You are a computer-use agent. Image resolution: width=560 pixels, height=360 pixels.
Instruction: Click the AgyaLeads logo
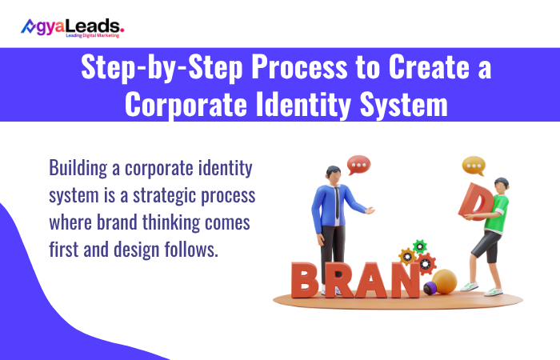[72, 27]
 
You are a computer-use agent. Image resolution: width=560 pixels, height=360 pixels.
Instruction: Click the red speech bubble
[359, 166]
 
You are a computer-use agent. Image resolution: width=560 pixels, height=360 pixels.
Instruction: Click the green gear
[419, 246]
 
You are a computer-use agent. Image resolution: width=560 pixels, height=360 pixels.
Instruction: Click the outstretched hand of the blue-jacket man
[370, 210]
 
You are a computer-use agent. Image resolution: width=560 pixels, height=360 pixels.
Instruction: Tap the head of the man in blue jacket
[334, 175]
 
